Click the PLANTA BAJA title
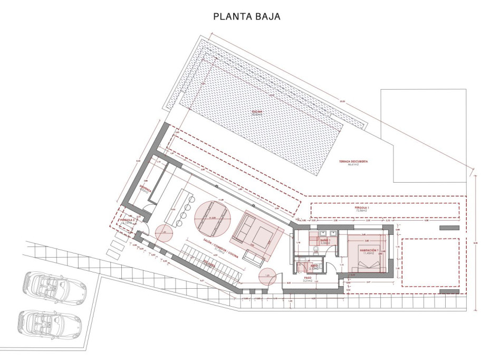click(x=246, y=17)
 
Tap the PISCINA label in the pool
click(x=257, y=111)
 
